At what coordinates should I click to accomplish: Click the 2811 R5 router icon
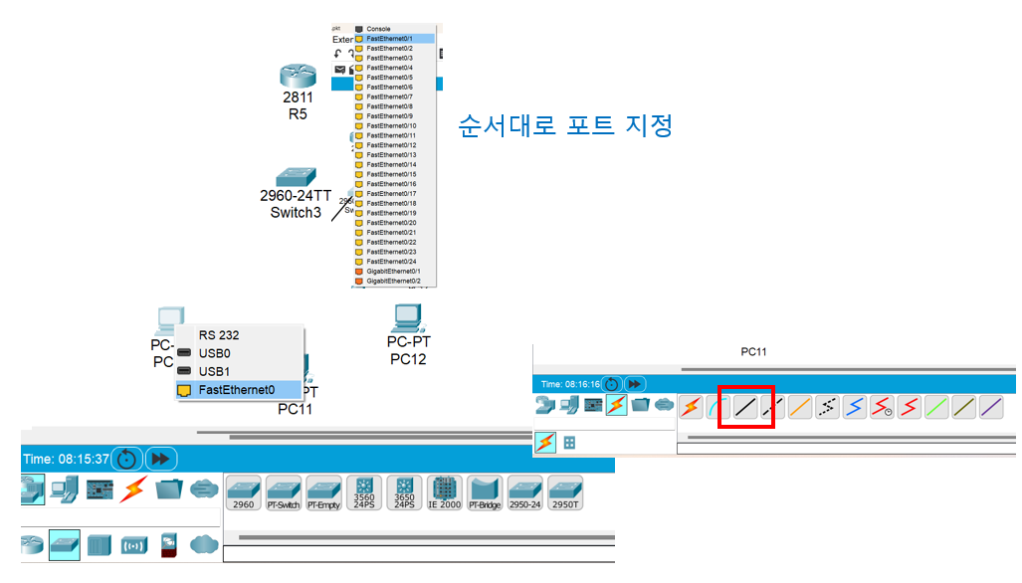(x=298, y=76)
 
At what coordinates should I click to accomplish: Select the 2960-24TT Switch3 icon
(x=296, y=175)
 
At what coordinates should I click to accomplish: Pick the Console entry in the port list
(x=378, y=29)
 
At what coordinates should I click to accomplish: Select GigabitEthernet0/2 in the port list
(x=394, y=281)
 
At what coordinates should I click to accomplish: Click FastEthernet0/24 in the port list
(x=391, y=261)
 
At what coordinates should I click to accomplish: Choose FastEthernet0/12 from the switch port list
(x=391, y=145)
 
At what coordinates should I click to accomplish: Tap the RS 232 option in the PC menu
(x=218, y=335)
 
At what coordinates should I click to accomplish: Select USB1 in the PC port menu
(x=214, y=371)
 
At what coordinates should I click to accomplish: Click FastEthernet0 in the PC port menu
(x=236, y=389)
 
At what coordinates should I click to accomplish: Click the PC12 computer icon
(x=407, y=318)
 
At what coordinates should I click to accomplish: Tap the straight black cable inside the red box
(x=745, y=407)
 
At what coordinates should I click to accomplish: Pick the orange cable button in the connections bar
(x=799, y=407)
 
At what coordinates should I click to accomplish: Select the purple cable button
(x=990, y=407)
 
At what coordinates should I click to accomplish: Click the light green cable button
(x=936, y=407)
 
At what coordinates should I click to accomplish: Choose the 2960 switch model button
(x=243, y=491)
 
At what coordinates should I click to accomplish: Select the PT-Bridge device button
(x=485, y=491)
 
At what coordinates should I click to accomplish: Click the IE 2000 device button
(x=444, y=491)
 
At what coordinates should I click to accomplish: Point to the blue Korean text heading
(x=565, y=126)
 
